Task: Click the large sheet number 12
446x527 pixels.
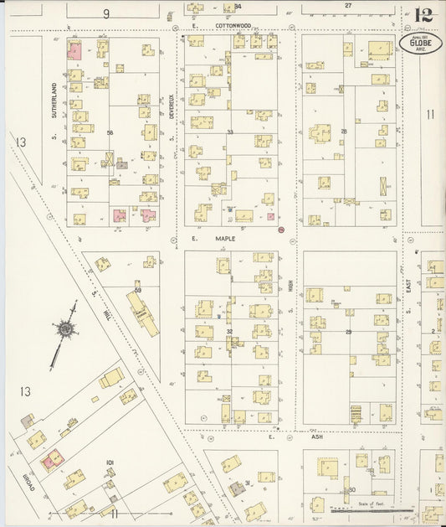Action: [x=423, y=15]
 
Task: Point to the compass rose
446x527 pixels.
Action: [x=64, y=330]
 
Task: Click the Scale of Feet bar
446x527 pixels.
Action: [x=372, y=509]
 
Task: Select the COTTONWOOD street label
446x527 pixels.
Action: [x=233, y=26]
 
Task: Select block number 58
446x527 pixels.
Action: [x=110, y=133]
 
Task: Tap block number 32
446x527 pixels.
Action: [x=228, y=332]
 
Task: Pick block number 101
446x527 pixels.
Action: [x=110, y=462]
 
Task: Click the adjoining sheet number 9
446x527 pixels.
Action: [x=106, y=13]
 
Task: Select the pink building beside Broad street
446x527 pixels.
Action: [x=53, y=458]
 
